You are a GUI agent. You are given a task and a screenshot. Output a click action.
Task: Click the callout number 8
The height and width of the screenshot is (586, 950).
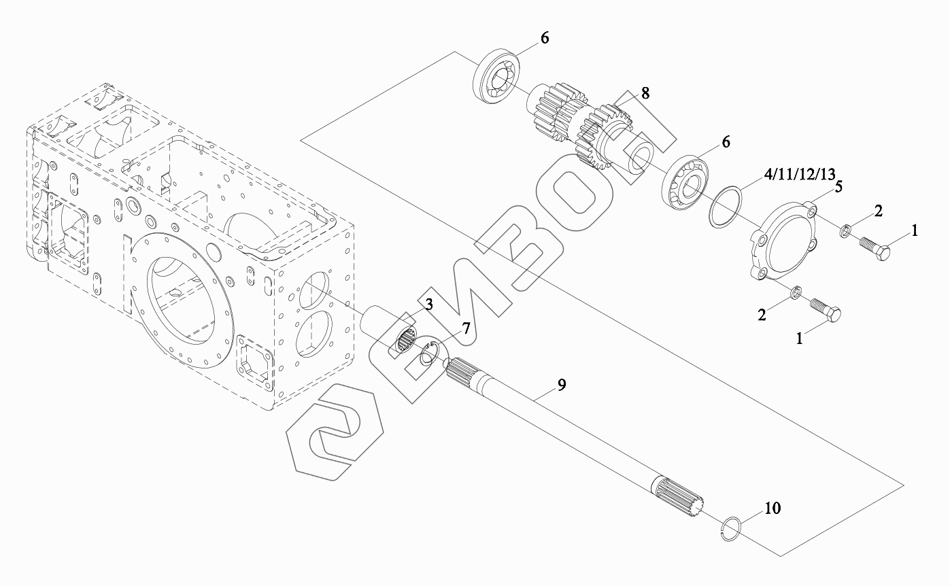click(645, 93)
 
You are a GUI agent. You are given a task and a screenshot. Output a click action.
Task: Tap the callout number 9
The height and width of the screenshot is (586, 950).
click(562, 385)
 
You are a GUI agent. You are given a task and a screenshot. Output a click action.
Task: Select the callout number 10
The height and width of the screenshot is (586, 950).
click(773, 508)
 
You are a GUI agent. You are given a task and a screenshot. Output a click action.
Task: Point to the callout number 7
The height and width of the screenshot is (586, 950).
click(466, 329)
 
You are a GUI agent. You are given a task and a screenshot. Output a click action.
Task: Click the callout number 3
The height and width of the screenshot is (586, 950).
click(428, 305)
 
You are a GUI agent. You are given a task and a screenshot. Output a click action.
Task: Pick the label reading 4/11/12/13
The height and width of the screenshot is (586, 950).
click(799, 175)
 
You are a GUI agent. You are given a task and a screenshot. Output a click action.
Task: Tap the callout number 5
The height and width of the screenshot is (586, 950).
click(838, 187)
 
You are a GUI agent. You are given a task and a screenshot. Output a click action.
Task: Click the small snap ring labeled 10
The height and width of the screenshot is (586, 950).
click(730, 528)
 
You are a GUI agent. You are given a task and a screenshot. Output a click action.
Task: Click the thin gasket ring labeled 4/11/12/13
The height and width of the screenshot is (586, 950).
click(726, 206)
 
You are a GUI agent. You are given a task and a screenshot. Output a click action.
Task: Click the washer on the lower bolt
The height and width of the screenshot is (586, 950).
click(798, 292)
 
